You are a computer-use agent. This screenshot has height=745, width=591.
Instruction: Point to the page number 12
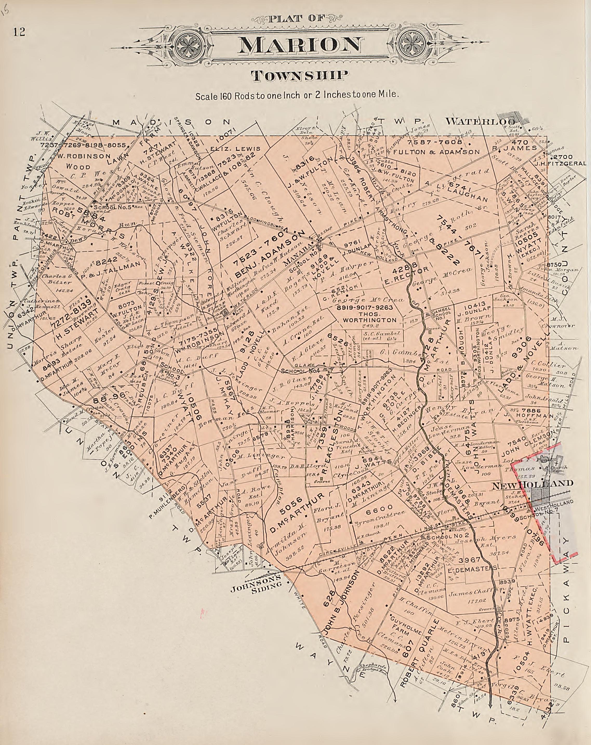[19, 32]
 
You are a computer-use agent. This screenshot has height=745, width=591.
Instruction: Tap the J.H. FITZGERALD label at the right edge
[568, 163]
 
